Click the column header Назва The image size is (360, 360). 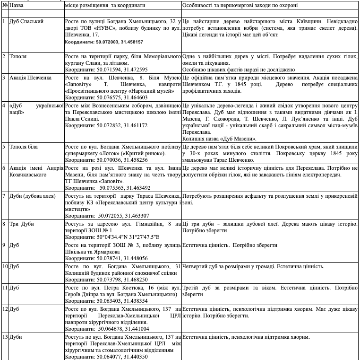[x=16, y=5]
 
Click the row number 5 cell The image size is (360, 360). [x=4, y=147]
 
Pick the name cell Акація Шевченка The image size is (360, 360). [x=30, y=77]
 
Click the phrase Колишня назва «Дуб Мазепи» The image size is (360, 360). [x=219, y=139]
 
